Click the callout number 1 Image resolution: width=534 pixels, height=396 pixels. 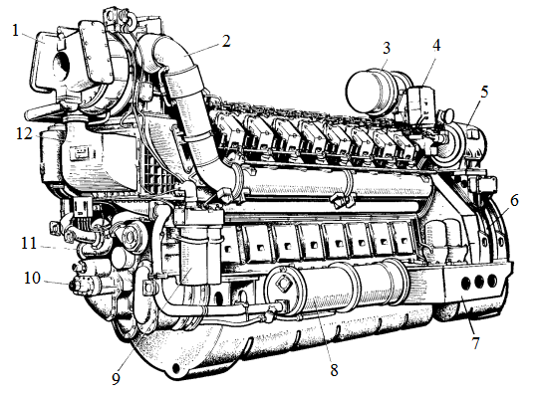(x=15, y=31)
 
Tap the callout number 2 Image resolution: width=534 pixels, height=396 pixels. (x=226, y=42)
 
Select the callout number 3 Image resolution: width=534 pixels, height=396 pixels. (x=387, y=48)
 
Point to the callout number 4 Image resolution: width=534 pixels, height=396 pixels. (x=436, y=45)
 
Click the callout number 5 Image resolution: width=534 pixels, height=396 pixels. (x=484, y=92)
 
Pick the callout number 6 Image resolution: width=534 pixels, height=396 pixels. (x=514, y=200)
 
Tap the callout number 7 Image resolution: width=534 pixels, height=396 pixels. (x=476, y=342)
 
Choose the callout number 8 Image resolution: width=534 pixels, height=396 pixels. (x=334, y=370)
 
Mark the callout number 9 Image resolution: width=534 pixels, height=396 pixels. (x=117, y=379)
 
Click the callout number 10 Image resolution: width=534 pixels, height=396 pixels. (x=32, y=278)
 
